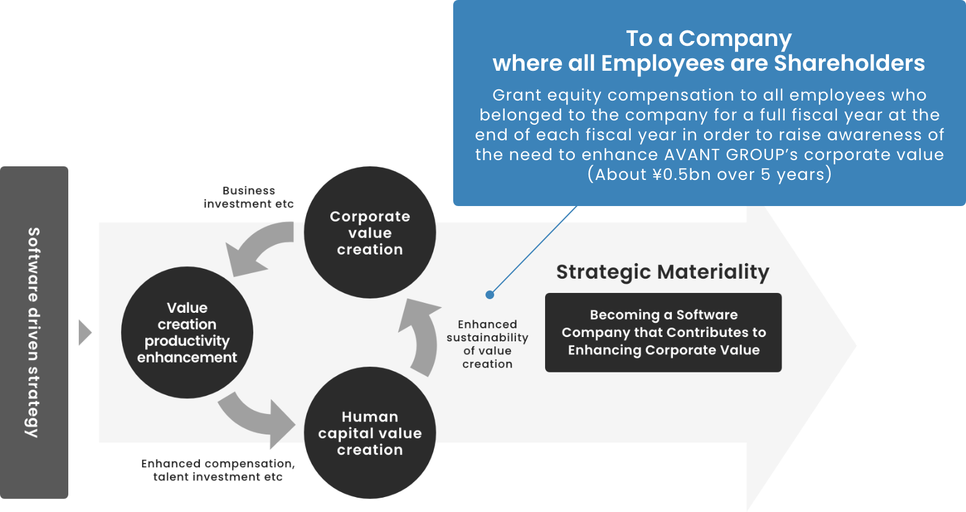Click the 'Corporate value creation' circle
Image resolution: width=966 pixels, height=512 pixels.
coord(369,232)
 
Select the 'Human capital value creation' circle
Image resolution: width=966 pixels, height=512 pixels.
coord(369,433)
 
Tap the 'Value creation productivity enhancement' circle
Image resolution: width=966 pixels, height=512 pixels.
coord(187,332)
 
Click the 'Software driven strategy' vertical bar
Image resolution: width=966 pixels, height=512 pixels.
coord(34,332)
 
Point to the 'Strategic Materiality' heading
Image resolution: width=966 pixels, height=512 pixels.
coord(663,272)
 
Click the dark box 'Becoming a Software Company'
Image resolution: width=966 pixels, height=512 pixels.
coord(663,332)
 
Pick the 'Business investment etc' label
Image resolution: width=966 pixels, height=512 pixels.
coord(248,197)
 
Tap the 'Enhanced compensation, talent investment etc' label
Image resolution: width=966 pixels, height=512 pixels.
coord(218,470)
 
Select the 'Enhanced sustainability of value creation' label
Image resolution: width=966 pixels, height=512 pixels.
coord(487,344)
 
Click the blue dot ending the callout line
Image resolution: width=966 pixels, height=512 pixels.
coord(489,295)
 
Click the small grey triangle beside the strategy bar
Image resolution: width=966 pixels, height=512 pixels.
coord(85,333)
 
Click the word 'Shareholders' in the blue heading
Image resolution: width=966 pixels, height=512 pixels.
coord(849,63)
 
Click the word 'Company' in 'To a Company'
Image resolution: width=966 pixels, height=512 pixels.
coord(735,38)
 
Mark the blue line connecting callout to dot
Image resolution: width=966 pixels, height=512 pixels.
coord(533,250)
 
